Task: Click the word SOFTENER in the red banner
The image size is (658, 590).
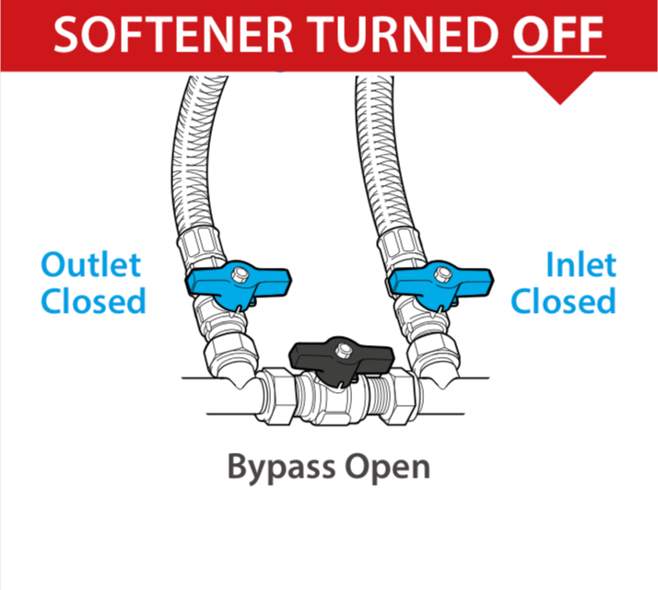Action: [x=173, y=34]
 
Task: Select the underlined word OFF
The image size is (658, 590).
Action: [x=558, y=34]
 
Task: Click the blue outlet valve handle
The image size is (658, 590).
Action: [x=239, y=285]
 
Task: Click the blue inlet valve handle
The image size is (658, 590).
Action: [x=441, y=285]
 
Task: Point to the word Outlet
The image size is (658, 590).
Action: [x=91, y=264]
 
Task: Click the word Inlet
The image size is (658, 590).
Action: [x=581, y=264]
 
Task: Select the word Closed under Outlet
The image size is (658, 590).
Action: [x=93, y=300]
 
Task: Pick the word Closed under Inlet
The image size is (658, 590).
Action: [x=563, y=300]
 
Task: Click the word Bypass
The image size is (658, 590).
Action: [x=281, y=468]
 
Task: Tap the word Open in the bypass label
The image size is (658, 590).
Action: [x=387, y=468]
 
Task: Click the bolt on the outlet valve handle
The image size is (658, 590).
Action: [x=241, y=274]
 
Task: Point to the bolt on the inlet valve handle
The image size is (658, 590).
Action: [x=442, y=274]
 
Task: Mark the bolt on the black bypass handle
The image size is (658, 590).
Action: [x=344, y=350]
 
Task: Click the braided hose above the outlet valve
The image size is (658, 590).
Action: [x=190, y=159]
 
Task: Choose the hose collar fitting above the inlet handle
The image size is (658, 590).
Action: [x=402, y=250]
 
